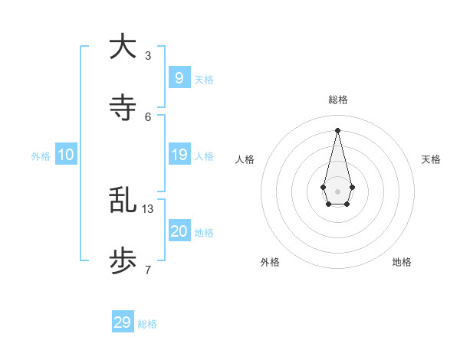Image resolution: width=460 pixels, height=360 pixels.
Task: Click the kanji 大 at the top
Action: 123,47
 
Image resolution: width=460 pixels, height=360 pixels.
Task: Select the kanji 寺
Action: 123,108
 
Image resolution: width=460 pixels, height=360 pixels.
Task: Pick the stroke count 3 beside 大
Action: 148,55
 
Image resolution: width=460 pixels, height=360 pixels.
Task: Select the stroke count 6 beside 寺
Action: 148,116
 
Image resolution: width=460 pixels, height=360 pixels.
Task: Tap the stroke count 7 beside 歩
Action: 148,270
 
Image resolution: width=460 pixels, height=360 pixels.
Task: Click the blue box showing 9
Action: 179,77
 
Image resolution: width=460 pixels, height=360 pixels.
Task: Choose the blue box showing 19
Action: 179,155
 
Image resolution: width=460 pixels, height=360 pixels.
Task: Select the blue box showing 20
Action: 179,231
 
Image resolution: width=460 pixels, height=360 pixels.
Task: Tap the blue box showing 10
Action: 66,155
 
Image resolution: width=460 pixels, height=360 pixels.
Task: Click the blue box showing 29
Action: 123,322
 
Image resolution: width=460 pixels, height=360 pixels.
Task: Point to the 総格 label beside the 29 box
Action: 147,324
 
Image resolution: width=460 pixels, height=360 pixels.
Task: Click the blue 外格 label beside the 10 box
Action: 41,156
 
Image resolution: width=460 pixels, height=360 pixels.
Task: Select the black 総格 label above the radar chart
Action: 337,100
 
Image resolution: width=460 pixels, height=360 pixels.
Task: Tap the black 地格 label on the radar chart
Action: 402,262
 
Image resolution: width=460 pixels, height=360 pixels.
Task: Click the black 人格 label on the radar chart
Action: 245,159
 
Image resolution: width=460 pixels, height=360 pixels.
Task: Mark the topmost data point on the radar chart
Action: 337,130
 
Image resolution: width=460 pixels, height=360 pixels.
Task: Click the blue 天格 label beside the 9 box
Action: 204,80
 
